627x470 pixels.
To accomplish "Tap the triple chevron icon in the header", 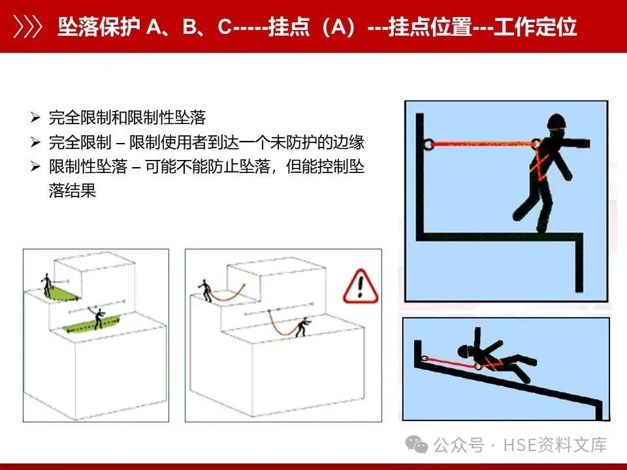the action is coord(27,27).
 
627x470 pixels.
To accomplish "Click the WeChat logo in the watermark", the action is coord(416,445).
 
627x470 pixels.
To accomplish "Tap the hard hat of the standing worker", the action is coord(556,121).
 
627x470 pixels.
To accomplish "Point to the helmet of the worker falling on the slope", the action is coord(464,351).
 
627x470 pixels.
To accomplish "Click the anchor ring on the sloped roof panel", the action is coord(424,358).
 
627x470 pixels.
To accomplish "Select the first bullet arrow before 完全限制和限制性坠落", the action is coord(35,117).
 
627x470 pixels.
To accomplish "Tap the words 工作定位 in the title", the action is coord(535,27).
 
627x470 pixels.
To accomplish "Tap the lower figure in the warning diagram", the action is coord(302,327).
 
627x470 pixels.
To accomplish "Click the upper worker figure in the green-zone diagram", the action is coord(47,285).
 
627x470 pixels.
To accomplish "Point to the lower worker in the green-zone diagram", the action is coord(98,318).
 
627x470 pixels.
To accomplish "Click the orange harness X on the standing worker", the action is coord(539,164).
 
